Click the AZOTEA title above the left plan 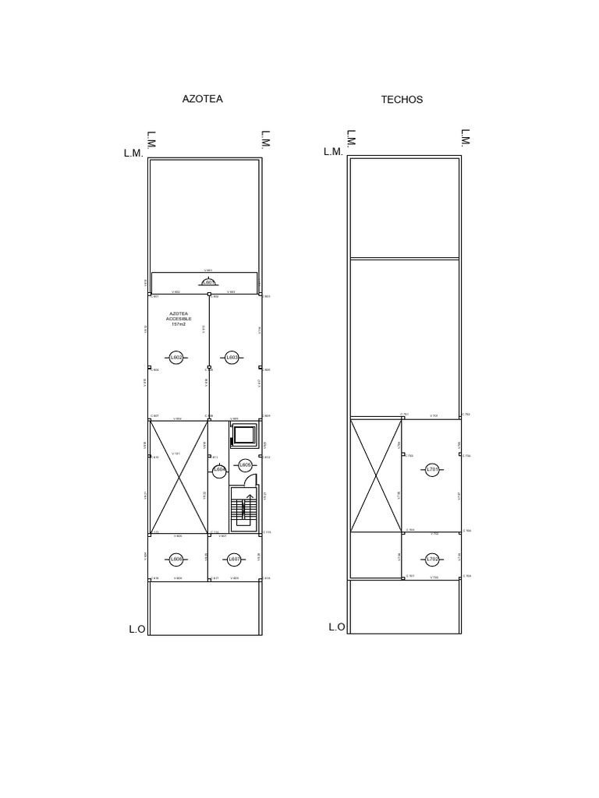[202, 99]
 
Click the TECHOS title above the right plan [402, 100]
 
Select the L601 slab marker [208, 282]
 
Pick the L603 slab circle [232, 358]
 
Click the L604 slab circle [219, 470]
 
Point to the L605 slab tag [245, 465]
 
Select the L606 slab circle [176, 560]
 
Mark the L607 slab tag [232, 560]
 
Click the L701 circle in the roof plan [433, 469]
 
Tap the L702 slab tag [433, 560]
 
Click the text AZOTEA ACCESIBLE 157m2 [179, 318]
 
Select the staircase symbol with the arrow [242, 508]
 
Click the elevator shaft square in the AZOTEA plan [244, 436]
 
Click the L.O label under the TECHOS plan [337, 627]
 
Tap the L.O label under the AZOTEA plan [137, 628]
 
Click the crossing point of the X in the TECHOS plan [376, 475]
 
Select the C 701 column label [405, 415]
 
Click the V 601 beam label [208, 270]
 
